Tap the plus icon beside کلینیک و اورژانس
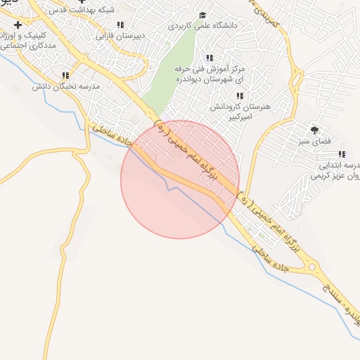click(18, 25)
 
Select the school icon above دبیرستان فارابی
click(121, 24)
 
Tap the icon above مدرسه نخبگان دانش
click(66, 75)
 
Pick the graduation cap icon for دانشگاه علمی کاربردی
click(202, 15)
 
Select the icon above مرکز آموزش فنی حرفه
click(209, 58)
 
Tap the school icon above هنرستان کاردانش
click(240, 96)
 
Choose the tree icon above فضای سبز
click(314, 129)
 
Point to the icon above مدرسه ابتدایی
click(342, 154)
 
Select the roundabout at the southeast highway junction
click(311, 267)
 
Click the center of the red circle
click(180, 180)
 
